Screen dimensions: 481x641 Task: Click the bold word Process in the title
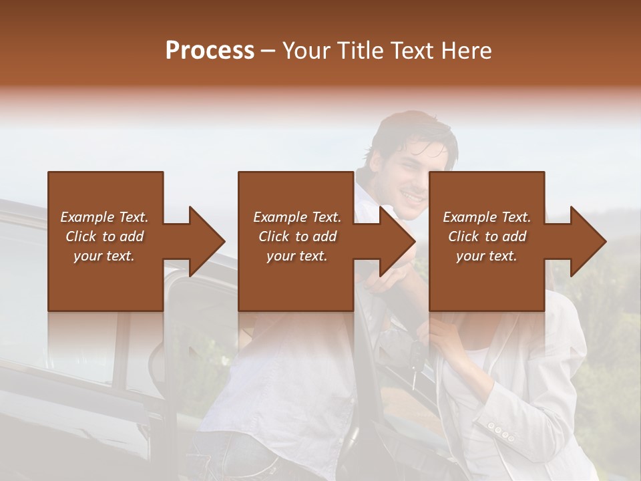pyautogui.click(x=210, y=51)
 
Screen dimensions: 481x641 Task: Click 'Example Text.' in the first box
pyautogui.click(x=104, y=217)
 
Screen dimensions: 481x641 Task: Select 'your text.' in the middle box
pyautogui.click(x=296, y=256)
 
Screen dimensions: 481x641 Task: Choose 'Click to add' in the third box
pyautogui.click(x=487, y=236)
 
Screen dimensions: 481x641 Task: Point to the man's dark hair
pyautogui.click(x=411, y=130)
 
